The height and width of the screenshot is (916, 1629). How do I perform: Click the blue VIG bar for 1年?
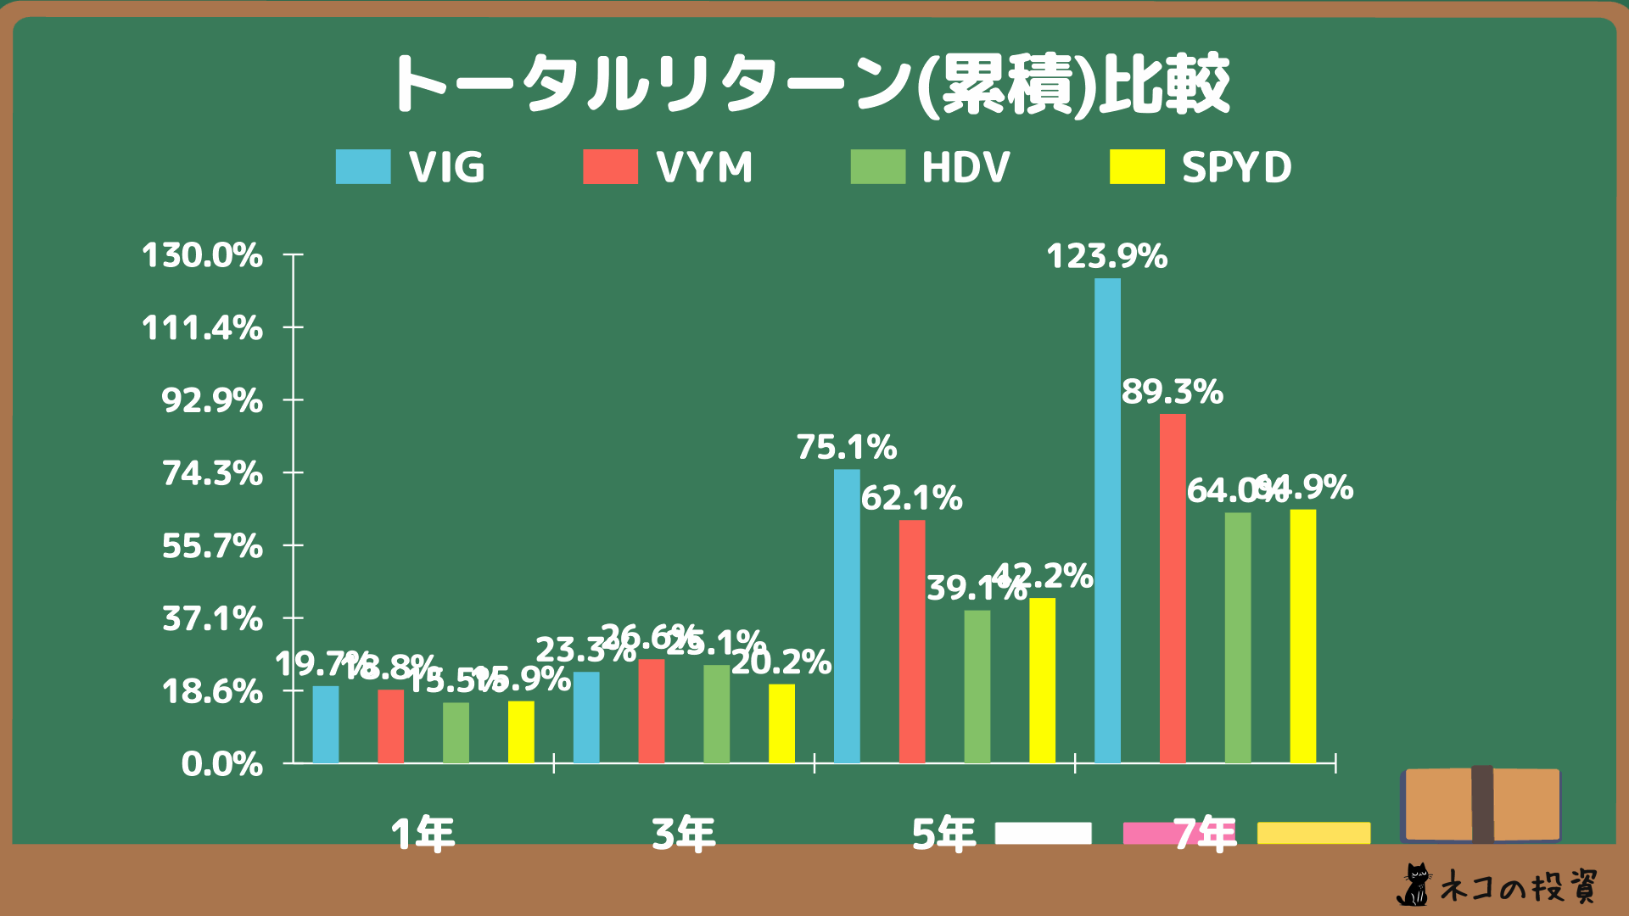click(x=325, y=724)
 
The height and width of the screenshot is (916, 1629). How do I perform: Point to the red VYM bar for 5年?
click(x=912, y=641)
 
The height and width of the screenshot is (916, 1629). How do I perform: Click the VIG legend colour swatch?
click(x=363, y=167)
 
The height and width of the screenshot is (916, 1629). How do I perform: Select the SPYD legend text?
click(x=1236, y=167)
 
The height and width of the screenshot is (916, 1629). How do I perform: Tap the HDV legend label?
click(x=966, y=167)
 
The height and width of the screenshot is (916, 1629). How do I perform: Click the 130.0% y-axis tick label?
click(x=202, y=255)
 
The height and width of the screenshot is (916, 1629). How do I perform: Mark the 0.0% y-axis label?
click(x=221, y=764)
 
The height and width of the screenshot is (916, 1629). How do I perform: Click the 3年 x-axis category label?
click(x=684, y=834)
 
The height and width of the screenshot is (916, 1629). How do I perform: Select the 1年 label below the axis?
click(x=423, y=834)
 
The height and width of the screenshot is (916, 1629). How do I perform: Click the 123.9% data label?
click(x=1106, y=256)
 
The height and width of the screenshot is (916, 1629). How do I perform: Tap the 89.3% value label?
click(x=1172, y=392)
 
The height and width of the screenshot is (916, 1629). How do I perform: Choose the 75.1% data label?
click(x=846, y=447)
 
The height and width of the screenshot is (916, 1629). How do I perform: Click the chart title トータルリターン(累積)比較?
click(x=810, y=85)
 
